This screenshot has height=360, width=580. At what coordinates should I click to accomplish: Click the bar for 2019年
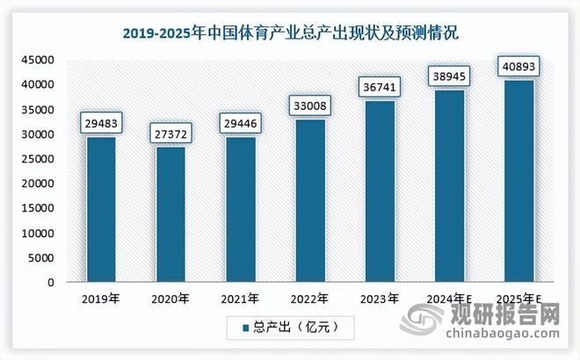[x=101, y=210]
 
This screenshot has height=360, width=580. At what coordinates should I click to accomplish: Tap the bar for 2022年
[x=310, y=201]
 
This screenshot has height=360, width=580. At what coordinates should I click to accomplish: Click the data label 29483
[x=101, y=122]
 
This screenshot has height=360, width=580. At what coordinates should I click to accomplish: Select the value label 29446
[x=241, y=122]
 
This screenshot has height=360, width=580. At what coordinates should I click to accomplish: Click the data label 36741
[x=380, y=87]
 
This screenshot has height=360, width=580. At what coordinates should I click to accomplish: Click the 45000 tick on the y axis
[x=39, y=60]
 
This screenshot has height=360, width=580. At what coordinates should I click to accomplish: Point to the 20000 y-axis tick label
[x=39, y=184]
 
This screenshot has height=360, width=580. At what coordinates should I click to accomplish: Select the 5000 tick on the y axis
[x=41, y=258]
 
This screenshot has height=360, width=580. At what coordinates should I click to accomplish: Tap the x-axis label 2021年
[x=241, y=299]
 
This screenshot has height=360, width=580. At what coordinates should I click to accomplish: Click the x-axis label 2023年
[x=380, y=299]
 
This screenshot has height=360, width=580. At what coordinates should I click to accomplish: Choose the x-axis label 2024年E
[x=449, y=299]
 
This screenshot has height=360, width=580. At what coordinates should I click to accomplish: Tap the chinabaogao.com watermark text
[x=506, y=335]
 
